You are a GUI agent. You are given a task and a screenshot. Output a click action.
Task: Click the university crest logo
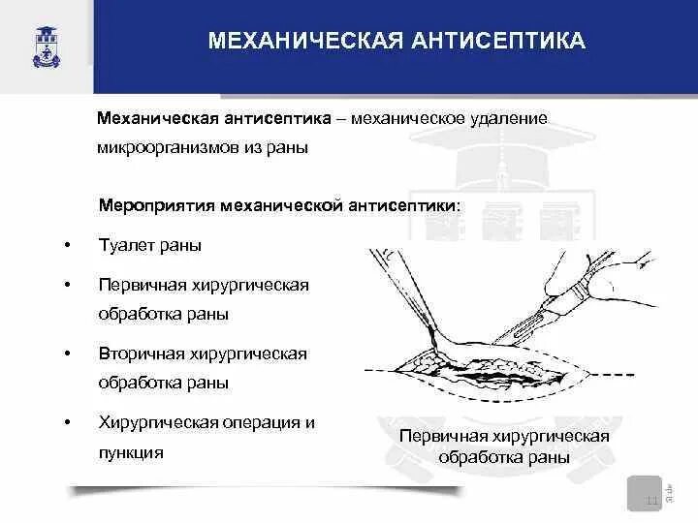coord(46,46)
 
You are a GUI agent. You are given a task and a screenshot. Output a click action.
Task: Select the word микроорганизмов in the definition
coord(173,149)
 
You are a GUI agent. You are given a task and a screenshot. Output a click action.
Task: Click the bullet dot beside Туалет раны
coord(67,246)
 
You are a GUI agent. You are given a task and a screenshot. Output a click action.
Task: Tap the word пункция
coord(129,452)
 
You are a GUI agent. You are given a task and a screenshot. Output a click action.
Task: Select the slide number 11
coord(651,500)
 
